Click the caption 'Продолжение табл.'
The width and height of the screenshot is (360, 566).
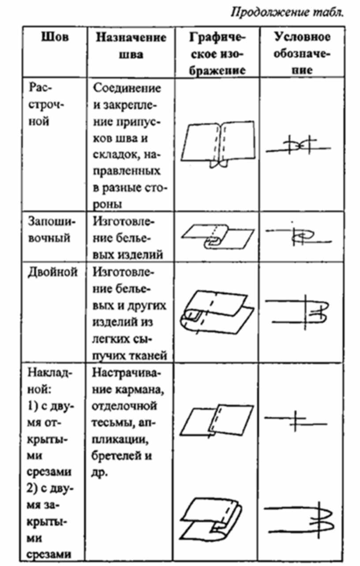(287, 12)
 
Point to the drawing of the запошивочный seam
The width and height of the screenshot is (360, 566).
(218, 236)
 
